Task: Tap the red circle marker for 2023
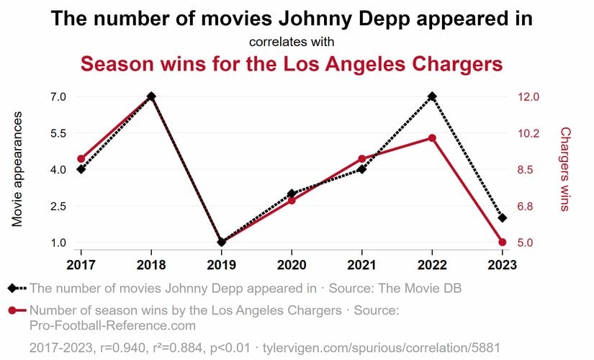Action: click(502, 242)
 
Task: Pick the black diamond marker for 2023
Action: click(502, 217)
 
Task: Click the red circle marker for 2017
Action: click(81, 159)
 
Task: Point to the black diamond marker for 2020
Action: click(292, 194)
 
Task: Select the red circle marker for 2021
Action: click(361, 158)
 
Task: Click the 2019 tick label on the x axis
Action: click(221, 264)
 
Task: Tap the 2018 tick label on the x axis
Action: click(151, 264)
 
